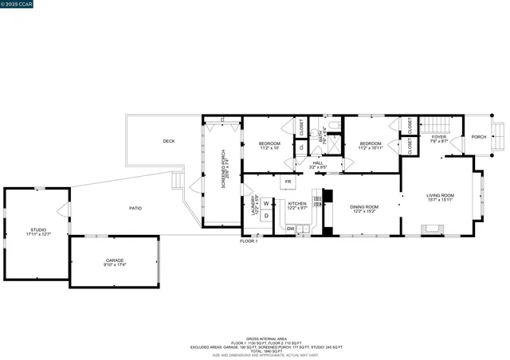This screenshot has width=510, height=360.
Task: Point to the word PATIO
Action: (136, 208)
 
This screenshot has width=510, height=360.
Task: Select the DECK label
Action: (168, 141)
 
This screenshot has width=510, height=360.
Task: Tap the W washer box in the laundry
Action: (267, 203)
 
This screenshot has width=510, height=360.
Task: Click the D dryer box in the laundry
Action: (267, 216)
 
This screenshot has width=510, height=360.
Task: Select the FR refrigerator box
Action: (288, 182)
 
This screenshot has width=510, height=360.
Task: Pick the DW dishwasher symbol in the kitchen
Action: (290, 229)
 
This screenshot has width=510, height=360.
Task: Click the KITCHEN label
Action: (297, 205)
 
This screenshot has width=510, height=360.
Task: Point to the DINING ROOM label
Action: (364, 208)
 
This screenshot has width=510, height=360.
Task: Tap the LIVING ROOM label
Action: (440, 197)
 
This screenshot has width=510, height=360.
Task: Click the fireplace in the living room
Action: (431, 230)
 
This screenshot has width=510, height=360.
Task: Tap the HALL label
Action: (317, 164)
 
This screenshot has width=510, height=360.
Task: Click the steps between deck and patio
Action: (178, 183)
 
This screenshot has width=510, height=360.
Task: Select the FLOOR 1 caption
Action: (249, 241)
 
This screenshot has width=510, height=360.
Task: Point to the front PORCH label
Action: (478, 136)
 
